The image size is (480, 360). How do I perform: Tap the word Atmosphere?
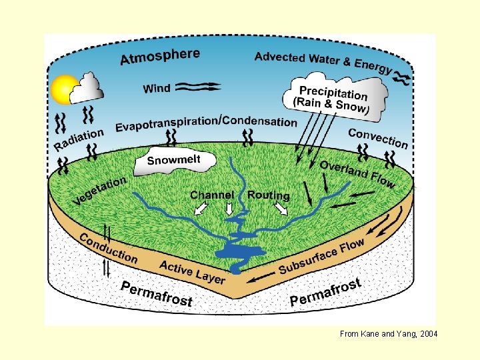click(160, 57)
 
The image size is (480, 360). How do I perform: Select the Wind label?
click(157, 89)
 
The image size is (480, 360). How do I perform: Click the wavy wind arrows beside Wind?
click(198, 87)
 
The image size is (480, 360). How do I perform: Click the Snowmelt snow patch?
click(175, 161)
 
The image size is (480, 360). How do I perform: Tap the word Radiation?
click(79, 139)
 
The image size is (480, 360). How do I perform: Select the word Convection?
click(378, 139)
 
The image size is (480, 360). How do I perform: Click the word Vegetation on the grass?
click(100, 191)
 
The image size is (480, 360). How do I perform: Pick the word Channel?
click(212, 195)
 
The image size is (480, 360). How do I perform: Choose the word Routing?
click(268, 195)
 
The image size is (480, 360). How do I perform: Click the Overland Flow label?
click(358, 173)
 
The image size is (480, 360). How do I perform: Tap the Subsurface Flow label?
click(322, 256)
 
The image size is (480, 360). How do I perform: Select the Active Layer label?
click(192, 272)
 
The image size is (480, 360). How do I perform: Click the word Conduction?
click(109, 249)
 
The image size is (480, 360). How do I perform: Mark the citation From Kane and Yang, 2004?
click(389, 334)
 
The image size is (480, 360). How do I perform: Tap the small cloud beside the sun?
click(86, 88)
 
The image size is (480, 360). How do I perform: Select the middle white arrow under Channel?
click(229, 209)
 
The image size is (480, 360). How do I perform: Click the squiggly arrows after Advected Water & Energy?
click(401, 77)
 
